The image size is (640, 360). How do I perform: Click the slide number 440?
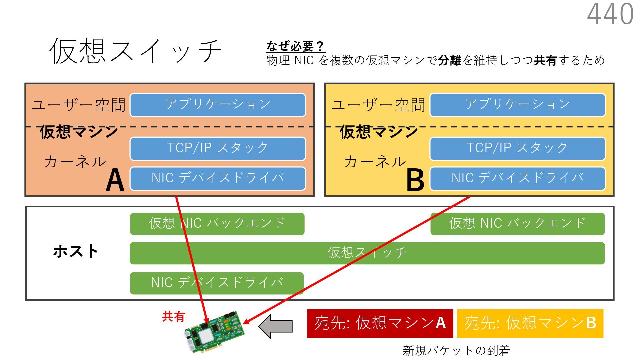coord(610,14)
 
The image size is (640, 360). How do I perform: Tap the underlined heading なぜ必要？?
coord(295,46)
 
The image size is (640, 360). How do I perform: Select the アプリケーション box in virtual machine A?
coord(218,105)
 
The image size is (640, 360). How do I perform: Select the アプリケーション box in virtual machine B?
coord(517,105)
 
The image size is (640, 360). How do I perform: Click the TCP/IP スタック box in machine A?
coord(218,149)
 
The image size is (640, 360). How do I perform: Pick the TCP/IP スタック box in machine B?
coord(517,149)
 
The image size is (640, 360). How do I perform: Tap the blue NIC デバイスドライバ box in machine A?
coord(218,178)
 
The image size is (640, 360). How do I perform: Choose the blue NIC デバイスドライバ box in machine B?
coord(517,178)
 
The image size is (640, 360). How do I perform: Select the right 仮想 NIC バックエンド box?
coord(517,224)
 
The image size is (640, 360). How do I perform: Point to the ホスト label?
coord(76,251)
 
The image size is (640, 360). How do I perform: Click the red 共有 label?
coord(173,317)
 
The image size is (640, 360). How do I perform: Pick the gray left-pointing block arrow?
coord(276,326)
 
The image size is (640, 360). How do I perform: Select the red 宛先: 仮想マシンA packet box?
coord(380,323)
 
